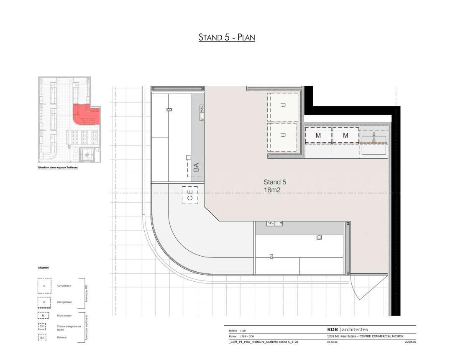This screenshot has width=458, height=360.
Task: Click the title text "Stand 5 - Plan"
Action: point(227,37)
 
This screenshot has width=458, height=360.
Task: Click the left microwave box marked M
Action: point(318,136)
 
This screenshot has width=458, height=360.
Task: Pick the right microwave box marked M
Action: point(345,136)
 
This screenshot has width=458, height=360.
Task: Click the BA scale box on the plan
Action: point(196,167)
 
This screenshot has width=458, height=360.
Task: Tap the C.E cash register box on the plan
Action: point(189,195)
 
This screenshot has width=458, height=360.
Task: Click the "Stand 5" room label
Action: point(275,182)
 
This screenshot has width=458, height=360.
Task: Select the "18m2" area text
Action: point(271,190)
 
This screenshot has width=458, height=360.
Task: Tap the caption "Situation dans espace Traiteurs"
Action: point(58,167)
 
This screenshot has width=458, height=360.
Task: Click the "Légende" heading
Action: point(43,267)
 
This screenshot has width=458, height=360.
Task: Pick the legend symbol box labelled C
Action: point(44,285)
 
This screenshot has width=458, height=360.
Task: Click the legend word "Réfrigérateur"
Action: point(65,302)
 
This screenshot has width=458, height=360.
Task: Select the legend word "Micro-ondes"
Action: point(65,316)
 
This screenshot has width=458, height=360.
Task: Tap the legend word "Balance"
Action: point(62,337)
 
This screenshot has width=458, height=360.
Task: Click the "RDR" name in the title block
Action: point(332,329)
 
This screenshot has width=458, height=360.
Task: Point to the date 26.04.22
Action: point(332,342)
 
